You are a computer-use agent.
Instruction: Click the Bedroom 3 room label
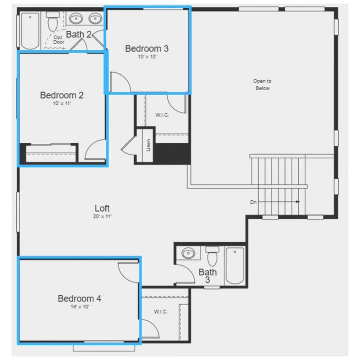(147, 49)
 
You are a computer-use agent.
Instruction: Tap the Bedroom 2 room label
(62, 95)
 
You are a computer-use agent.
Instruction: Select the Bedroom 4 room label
(80, 298)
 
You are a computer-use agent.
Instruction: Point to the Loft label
(102, 208)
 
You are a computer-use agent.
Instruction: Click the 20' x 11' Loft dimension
(103, 216)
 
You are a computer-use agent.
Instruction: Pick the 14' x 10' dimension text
(80, 306)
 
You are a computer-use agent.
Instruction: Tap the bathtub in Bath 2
(30, 31)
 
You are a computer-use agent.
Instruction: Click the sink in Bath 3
(189, 253)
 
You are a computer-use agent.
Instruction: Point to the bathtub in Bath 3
(235, 266)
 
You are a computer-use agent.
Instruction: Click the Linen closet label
(148, 145)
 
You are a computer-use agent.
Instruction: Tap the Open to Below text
(262, 84)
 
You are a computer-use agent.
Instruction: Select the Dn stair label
(253, 202)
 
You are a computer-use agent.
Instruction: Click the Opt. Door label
(59, 40)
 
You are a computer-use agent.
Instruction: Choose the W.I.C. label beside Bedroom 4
(161, 311)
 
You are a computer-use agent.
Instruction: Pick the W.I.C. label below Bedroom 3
(162, 115)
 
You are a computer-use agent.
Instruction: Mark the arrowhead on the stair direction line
(298, 202)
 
